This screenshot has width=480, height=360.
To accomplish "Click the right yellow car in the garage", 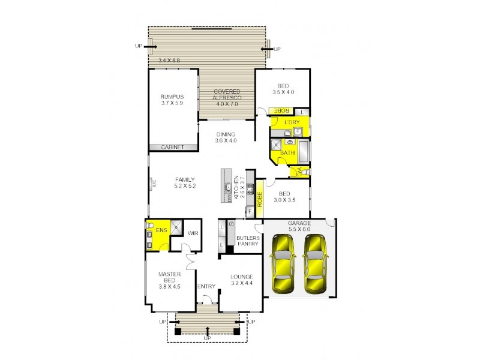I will click(315, 265).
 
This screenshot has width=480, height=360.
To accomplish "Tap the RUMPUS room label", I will click(171, 100).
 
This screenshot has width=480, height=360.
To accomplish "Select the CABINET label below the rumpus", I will click(173, 147).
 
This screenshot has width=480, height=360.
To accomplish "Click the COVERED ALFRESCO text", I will click(227, 97).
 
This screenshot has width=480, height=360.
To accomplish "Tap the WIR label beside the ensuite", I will click(193, 233).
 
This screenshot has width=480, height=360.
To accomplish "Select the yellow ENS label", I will click(161, 230).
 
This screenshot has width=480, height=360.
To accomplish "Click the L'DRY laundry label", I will click(292, 123).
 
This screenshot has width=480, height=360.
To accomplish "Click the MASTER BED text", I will click(169, 280).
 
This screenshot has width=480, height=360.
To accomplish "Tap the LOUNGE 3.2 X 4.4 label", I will click(242, 280).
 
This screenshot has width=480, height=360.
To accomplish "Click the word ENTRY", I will click(206, 286).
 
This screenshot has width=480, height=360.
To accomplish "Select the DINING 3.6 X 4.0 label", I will click(226, 137).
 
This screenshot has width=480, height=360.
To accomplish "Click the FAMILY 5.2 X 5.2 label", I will click(185, 183).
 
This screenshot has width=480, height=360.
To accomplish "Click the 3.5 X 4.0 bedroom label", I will click(284, 89).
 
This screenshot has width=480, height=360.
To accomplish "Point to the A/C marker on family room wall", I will click(154, 184).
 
